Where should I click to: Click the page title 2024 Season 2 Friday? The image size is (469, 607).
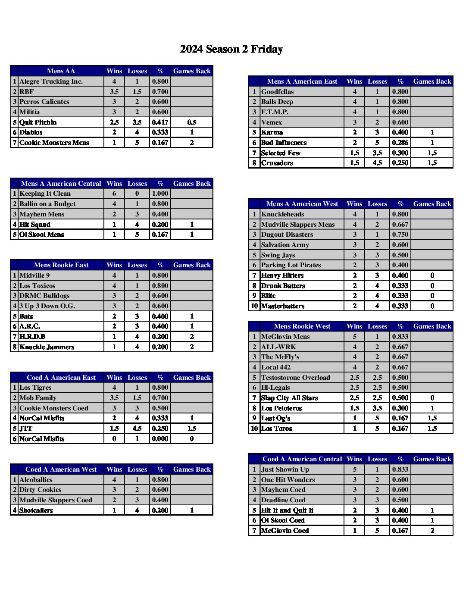[231, 49]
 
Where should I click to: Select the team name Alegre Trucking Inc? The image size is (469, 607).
[51, 81]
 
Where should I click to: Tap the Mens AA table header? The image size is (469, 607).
[61, 71]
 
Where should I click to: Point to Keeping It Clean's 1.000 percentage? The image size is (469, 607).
[160, 194]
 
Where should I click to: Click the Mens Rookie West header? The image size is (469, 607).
[302, 326]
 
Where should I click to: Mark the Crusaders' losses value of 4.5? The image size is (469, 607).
[377, 163]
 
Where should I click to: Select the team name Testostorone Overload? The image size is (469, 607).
[295, 378]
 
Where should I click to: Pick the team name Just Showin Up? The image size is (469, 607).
[285, 469]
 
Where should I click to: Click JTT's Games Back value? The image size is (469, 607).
[192, 429]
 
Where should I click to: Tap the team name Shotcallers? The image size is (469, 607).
[36, 510]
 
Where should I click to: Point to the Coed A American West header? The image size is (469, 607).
[61, 469]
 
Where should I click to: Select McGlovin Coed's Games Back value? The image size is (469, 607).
[432, 531]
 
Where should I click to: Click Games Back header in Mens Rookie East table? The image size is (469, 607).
[192, 265]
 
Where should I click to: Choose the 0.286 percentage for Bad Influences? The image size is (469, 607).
[400, 143]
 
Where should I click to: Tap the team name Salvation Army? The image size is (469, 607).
[285, 245]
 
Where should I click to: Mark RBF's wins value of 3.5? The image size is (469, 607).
[114, 92]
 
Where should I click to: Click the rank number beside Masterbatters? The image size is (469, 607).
[254, 306]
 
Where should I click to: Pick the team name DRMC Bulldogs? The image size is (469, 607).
[44, 296]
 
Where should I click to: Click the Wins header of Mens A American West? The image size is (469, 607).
[354, 204]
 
